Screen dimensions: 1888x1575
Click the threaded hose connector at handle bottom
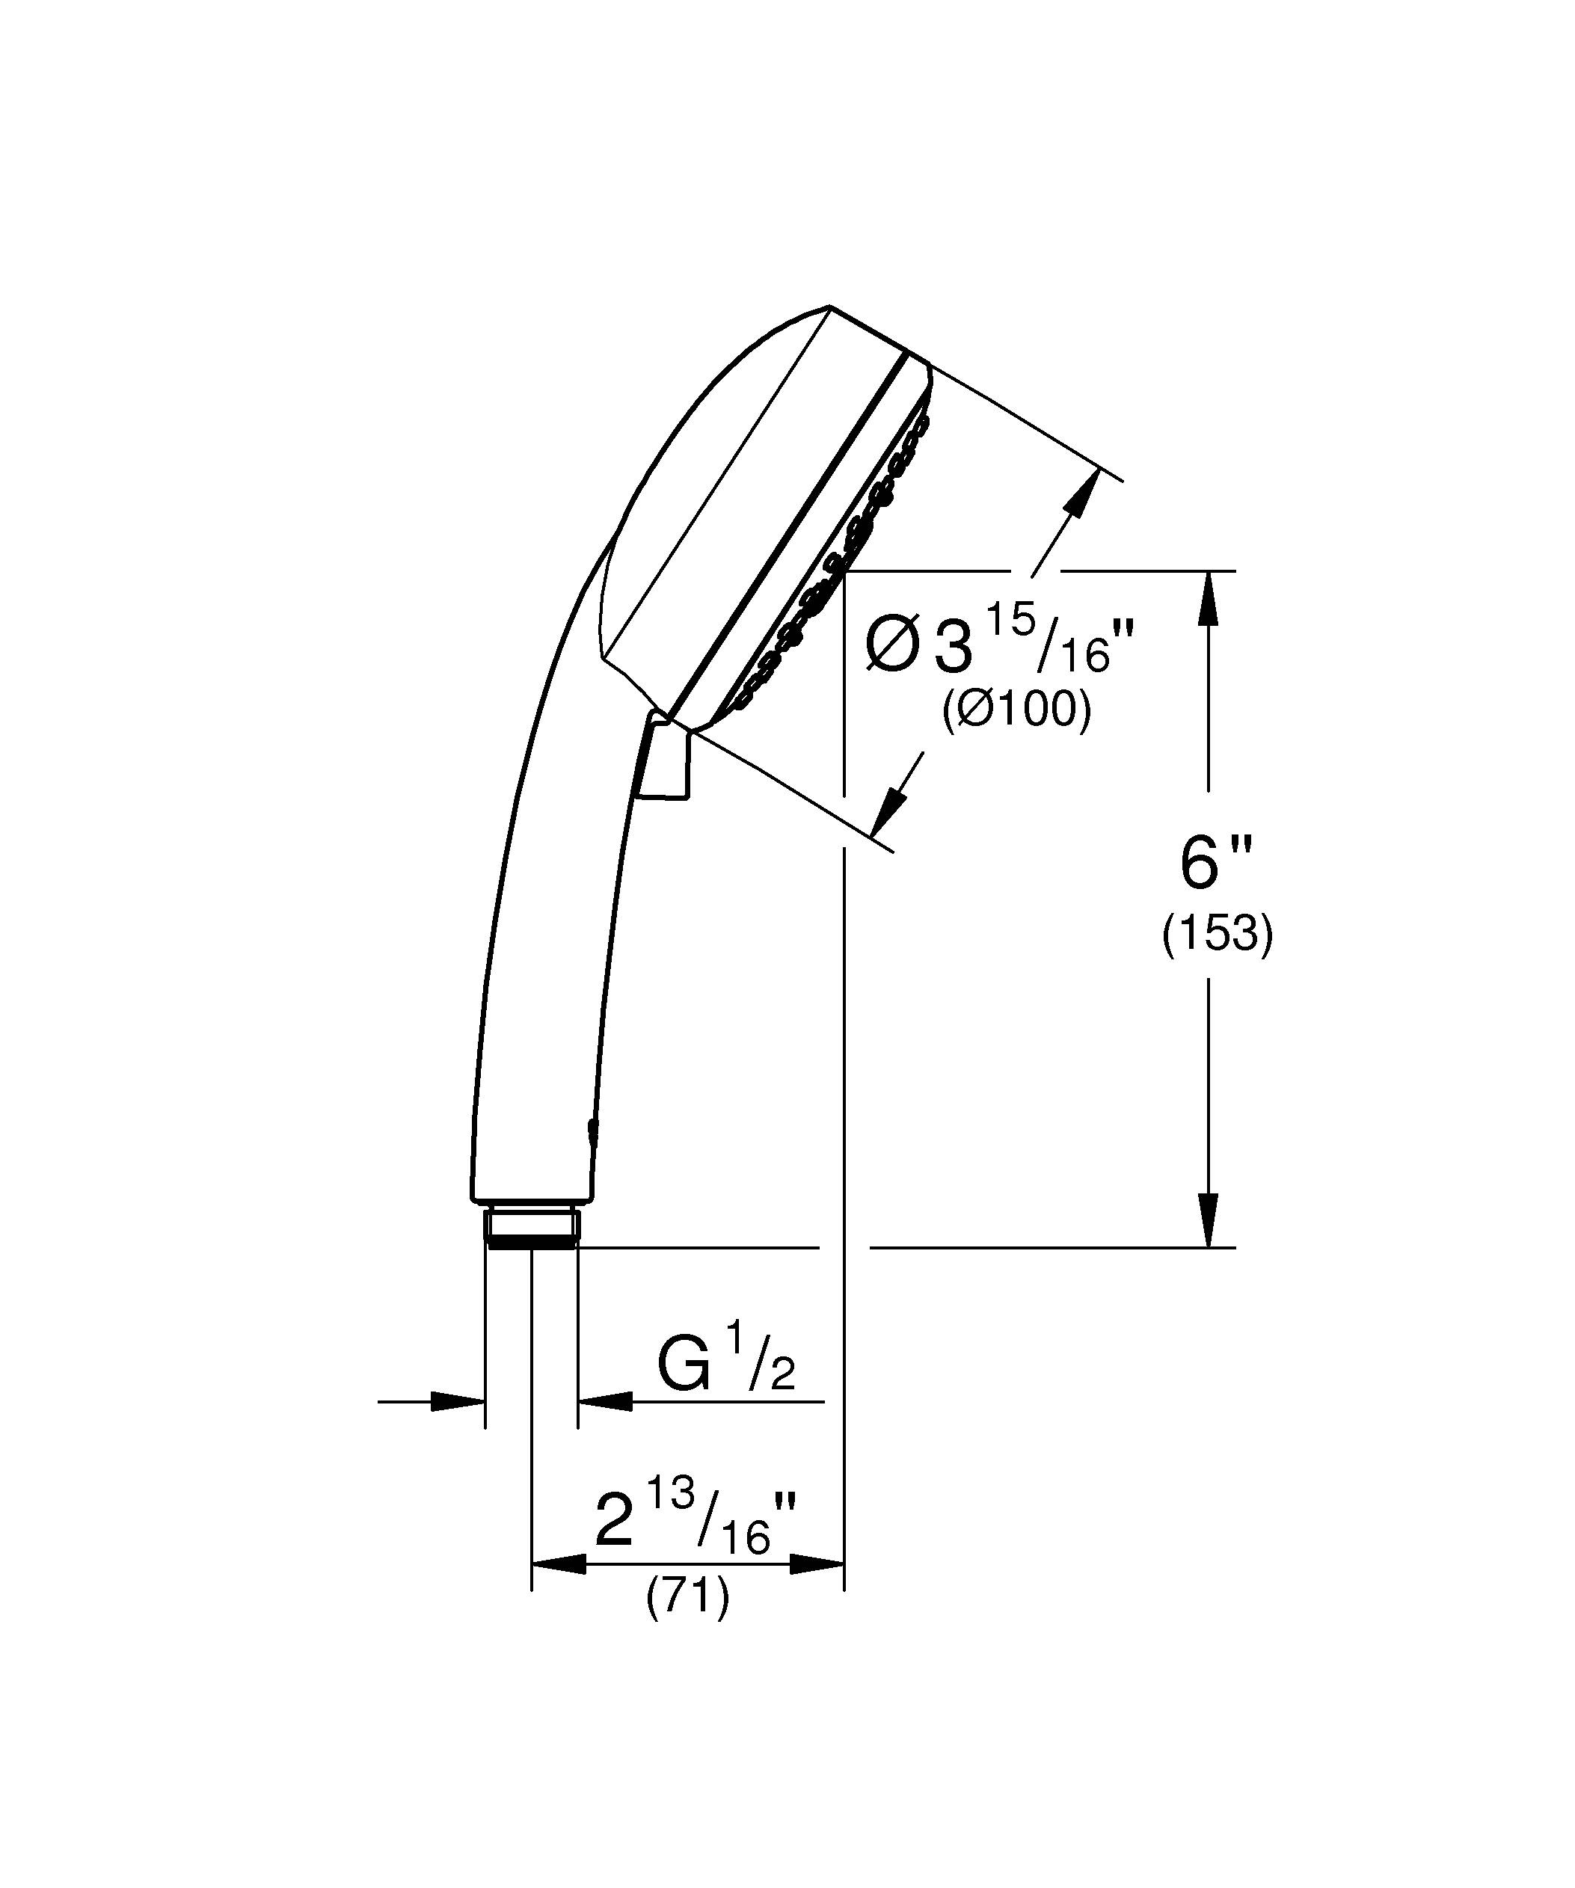tap(531, 1228)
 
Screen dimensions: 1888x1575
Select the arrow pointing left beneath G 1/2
tap(604, 1400)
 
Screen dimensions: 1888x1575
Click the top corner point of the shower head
tap(828, 307)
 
